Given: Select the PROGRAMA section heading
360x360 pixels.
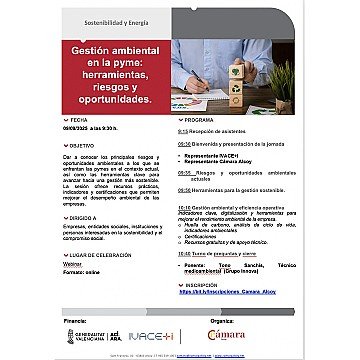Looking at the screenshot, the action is (200, 118).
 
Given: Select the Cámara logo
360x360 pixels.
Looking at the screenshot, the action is (251, 335).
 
